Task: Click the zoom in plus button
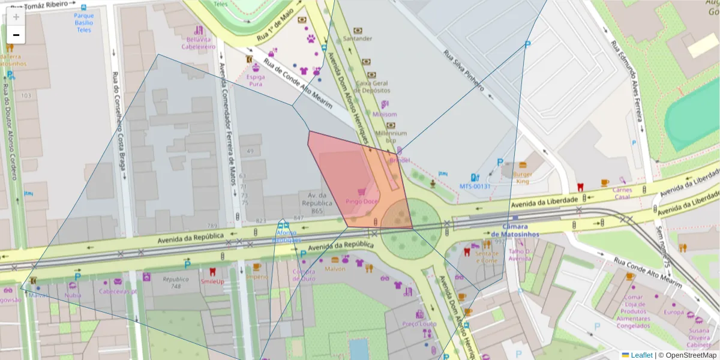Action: pos(16,16)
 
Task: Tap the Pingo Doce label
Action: pos(361,202)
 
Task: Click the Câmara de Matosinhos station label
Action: pos(515,230)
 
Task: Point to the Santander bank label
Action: pos(357,38)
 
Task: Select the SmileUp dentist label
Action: pos(212,281)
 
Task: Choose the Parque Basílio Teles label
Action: pos(83,23)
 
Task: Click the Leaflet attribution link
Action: pos(641,355)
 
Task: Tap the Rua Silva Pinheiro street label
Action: pos(463,70)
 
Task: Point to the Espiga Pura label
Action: pos(256,80)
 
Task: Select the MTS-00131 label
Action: pos(475,187)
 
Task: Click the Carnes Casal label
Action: pos(622,193)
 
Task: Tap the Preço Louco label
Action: pos(419,324)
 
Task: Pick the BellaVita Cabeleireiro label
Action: pos(199,42)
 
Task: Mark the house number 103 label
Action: pos(26,96)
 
